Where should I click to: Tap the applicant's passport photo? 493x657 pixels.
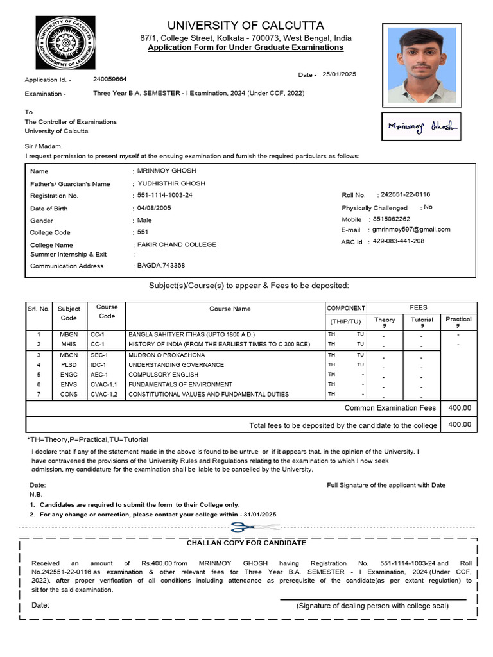click(x=421, y=65)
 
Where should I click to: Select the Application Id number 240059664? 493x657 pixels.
click(x=110, y=79)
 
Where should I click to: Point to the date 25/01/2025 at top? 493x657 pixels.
click(x=339, y=74)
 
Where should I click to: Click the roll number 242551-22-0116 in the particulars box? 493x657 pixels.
click(x=405, y=194)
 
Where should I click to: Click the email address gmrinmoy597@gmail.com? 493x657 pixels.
click(x=411, y=229)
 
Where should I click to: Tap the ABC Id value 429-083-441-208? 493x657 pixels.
click(x=398, y=241)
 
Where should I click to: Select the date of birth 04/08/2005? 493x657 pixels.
click(x=154, y=208)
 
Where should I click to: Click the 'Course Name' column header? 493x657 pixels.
click(x=230, y=309)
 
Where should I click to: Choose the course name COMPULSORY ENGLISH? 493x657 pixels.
click(x=164, y=374)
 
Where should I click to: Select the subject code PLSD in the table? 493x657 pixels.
click(x=69, y=364)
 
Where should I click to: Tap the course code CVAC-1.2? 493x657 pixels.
click(x=104, y=394)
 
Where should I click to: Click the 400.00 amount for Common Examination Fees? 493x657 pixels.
click(x=459, y=408)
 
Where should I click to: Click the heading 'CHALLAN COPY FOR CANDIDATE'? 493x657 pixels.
click(x=246, y=543)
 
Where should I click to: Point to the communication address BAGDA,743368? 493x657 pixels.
click(x=160, y=266)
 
